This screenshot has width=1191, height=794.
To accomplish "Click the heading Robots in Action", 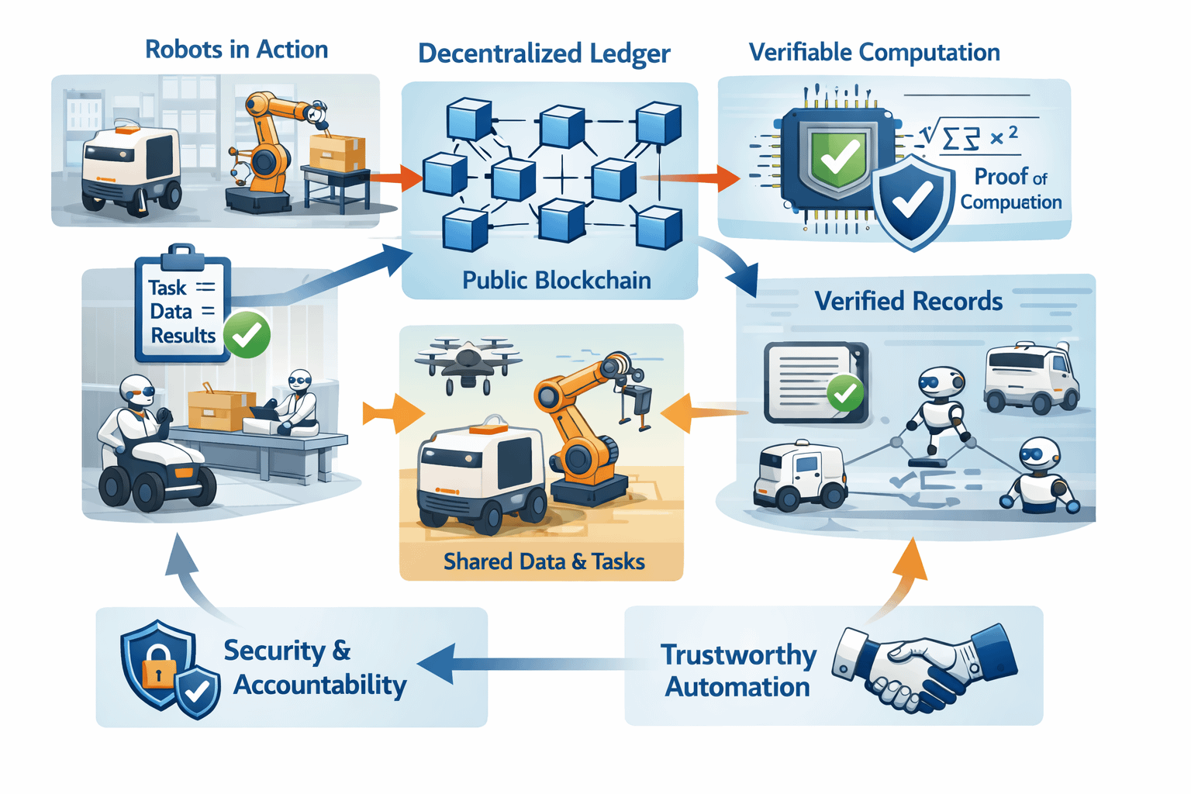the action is [x=236, y=50].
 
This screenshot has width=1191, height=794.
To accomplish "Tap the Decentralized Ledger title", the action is [x=544, y=54].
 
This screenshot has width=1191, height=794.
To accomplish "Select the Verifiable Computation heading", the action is [x=874, y=53].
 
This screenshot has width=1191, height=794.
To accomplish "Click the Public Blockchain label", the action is [x=556, y=280].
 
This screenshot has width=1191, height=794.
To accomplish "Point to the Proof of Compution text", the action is [x=1010, y=189].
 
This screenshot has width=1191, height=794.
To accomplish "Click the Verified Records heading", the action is [x=908, y=301].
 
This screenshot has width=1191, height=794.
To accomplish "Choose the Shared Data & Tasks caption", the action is [x=544, y=561].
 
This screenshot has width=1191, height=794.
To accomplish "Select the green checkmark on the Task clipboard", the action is [x=247, y=335].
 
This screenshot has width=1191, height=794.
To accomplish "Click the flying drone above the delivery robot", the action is [x=468, y=361].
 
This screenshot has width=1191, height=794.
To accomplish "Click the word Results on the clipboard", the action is [x=183, y=336].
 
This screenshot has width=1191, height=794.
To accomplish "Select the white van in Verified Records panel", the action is [x=1031, y=378].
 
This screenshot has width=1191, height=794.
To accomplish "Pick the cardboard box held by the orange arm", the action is [x=336, y=152].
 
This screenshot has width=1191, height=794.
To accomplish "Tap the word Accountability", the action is [x=319, y=685].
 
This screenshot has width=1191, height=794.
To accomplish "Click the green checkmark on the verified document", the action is [x=844, y=393].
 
